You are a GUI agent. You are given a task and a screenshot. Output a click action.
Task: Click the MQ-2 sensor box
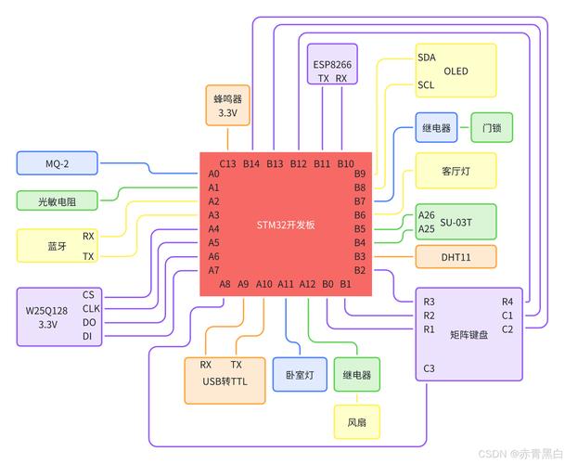click(x=58, y=163)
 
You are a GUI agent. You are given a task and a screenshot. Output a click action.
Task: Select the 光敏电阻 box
click(x=58, y=200)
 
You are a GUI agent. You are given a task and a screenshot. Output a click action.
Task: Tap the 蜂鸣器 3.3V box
click(x=227, y=105)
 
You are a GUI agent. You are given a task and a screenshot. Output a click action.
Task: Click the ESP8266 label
click(x=332, y=64)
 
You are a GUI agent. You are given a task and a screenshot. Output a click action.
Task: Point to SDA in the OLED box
click(x=426, y=57)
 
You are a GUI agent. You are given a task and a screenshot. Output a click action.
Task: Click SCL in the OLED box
click(x=426, y=84)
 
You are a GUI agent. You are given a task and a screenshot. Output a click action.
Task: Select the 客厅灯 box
click(x=455, y=171)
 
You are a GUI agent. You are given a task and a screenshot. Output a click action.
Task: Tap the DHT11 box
click(x=455, y=256)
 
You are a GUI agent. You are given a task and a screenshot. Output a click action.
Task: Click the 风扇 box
click(x=356, y=422)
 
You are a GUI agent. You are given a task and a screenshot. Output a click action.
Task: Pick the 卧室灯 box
click(x=299, y=375)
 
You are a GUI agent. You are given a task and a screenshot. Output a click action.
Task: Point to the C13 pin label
click(x=228, y=164)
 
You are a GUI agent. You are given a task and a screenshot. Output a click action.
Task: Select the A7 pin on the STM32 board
click(x=213, y=270)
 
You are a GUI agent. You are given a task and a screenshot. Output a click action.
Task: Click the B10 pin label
click(x=345, y=164)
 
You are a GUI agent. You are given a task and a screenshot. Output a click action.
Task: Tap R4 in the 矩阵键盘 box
click(x=507, y=301)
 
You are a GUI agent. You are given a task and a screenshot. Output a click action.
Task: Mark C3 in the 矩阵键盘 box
click(x=429, y=368)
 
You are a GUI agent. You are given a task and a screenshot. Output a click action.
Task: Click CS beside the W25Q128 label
click(x=89, y=294)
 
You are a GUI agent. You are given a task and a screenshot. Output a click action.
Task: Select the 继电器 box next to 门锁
click(x=436, y=127)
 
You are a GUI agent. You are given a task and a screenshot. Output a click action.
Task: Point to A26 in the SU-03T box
click(x=426, y=215)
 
